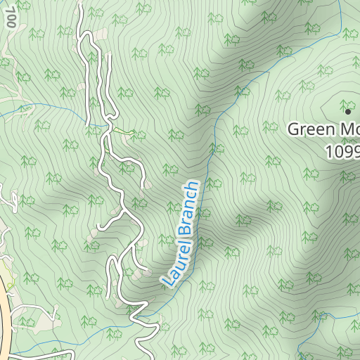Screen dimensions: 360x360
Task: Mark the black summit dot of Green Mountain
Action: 347,110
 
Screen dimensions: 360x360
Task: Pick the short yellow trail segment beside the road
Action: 124,131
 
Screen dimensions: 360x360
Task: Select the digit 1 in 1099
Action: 329,151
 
